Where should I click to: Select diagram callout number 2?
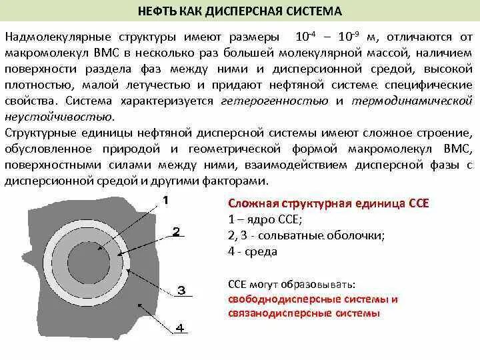177,231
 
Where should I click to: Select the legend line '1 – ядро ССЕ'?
265,219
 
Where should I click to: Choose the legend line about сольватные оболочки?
306,235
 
